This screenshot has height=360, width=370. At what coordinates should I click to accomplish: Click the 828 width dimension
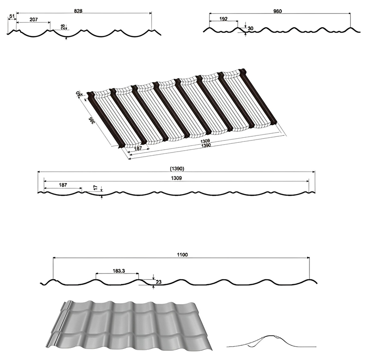pos(78,10)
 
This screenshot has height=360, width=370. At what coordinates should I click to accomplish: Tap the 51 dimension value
pos(12,17)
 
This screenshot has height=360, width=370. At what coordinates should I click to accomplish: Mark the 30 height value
pos(250,29)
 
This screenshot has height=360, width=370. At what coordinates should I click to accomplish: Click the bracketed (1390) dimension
pos(177,169)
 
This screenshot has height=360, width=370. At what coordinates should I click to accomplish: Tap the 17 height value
pos(95,187)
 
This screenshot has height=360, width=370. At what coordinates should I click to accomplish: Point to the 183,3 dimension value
pos(119,270)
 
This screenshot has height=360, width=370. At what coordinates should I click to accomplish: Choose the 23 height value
pos(159,281)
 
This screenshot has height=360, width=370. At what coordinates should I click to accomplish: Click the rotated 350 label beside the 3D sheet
pos(86,119)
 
